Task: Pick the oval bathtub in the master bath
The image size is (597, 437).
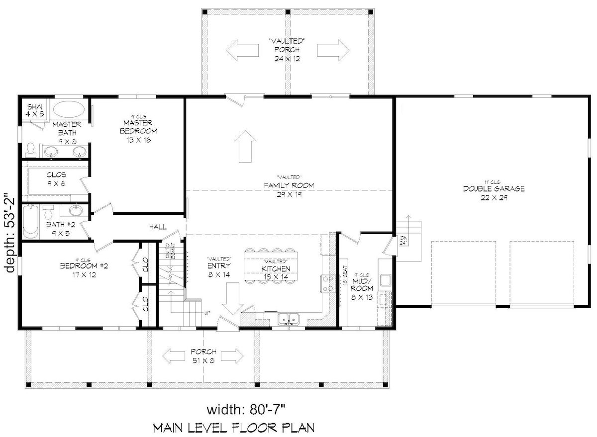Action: (70, 109)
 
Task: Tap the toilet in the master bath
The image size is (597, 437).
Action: (31, 150)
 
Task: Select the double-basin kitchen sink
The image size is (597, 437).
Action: (289, 319)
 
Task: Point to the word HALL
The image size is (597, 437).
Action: (157, 227)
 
